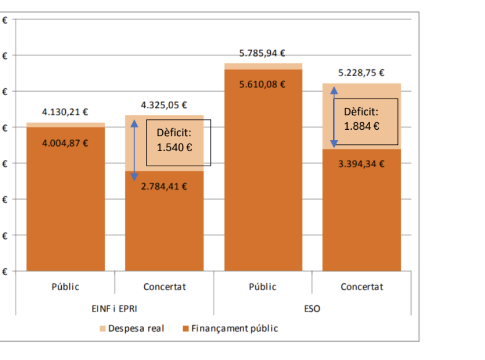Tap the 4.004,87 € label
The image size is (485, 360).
click(65, 142)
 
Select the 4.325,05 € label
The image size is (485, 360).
click(164, 105)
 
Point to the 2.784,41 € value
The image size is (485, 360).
click(164, 186)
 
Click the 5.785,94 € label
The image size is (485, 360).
click(263, 54)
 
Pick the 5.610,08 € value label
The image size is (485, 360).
click(263, 84)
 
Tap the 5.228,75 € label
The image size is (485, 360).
click(361, 73)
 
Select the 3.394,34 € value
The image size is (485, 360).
click(361, 163)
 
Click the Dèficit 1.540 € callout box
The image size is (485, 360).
click(178, 142)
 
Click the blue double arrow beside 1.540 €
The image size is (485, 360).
click(135, 149)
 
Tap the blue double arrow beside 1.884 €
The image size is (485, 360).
click(334, 116)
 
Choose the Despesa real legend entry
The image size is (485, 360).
click(132, 329)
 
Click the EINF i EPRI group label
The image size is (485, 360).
click(114, 309)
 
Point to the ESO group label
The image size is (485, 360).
click(312, 309)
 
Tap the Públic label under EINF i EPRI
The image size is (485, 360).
click(65, 287)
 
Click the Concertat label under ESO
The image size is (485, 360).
click(361, 287)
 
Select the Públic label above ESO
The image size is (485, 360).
click(263, 287)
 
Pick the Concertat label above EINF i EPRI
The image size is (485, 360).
click(165, 287)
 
